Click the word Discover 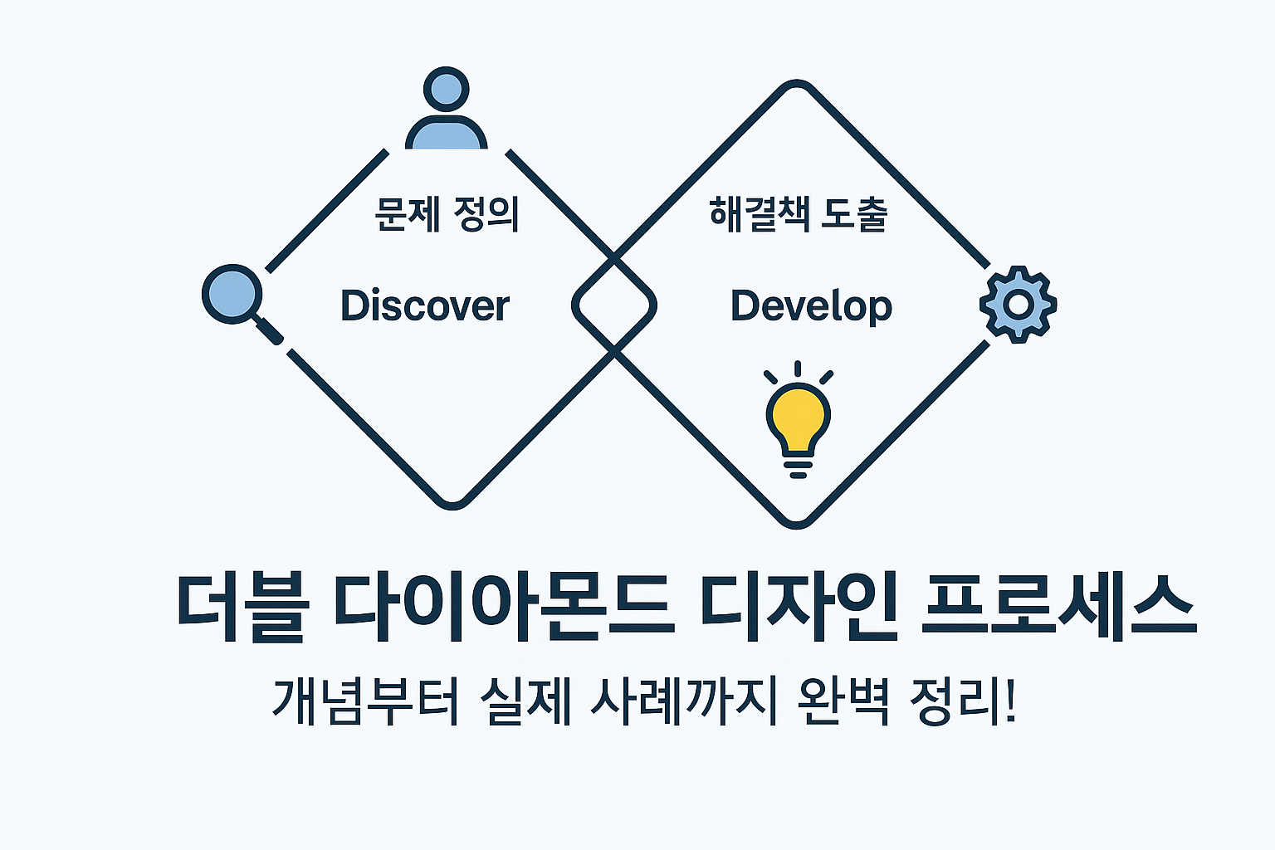coord(425,305)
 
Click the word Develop coord(811,306)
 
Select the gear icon coord(1018,305)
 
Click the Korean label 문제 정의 coord(447,214)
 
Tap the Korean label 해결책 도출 coord(799,214)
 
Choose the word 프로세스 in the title coord(1059,606)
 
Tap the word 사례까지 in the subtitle coord(682,701)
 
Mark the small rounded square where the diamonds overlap coord(614,305)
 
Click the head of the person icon coord(447,89)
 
